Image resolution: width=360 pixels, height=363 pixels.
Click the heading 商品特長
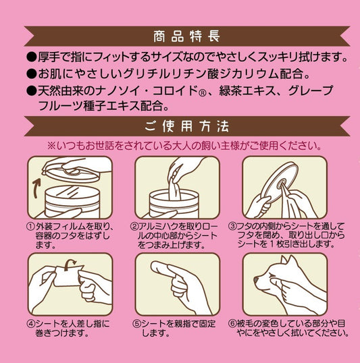(179, 35)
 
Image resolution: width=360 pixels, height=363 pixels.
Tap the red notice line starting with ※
(183, 146)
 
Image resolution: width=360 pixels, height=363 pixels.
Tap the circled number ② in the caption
(135, 226)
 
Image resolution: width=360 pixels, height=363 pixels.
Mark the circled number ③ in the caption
(232, 226)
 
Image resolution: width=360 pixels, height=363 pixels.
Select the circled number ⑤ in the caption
(135, 323)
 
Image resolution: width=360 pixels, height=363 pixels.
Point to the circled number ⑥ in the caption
(232, 323)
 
